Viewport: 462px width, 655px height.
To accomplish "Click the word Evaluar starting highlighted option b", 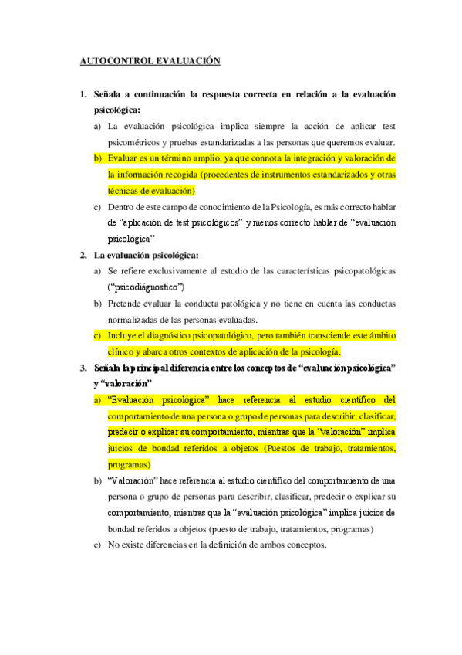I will tap(123, 158).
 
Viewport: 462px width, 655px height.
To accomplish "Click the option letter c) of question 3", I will tap(97, 545).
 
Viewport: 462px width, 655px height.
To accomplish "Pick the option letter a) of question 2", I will tap(97, 271).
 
